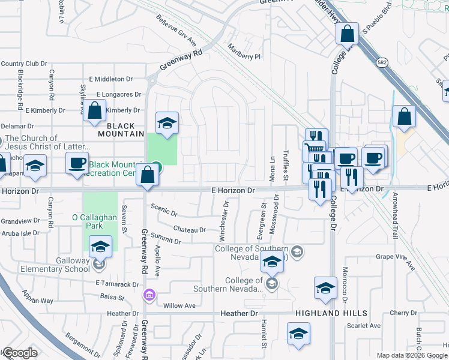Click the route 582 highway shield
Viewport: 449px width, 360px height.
pos(382,62)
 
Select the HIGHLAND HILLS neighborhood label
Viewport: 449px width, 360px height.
pos(327,313)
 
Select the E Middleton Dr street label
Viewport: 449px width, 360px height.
pos(110,79)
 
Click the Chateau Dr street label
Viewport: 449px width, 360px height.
pos(189,229)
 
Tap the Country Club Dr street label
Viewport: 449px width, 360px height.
pos(23,64)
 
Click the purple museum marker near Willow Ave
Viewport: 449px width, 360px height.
pos(148,295)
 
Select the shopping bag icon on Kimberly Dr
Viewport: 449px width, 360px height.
pos(94,111)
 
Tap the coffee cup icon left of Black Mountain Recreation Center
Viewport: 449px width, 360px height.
pos(77,163)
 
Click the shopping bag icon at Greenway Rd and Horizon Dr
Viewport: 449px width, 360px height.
pos(147,176)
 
